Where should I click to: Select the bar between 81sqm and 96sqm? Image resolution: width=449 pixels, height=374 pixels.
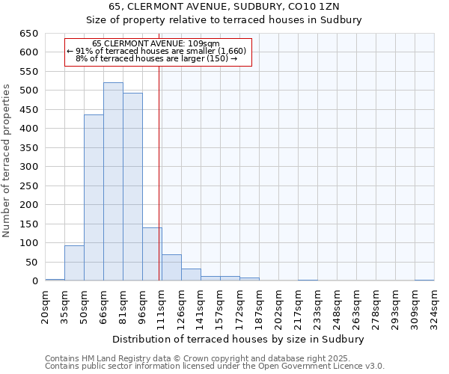click(x=132, y=187)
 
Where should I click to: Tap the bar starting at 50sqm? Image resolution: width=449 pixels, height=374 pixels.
click(x=94, y=197)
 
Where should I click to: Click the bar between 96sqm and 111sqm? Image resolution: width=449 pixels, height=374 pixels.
click(x=152, y=254)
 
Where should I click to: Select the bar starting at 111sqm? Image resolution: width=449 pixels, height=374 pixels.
click(x=171, y=268)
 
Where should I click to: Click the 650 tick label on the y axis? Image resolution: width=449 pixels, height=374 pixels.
click(x=28, y=34)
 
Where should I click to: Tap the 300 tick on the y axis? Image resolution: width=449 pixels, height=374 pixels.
click(x=28, y=167)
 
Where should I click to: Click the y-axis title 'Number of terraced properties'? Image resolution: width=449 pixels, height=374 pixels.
click(x=7, y=161)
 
